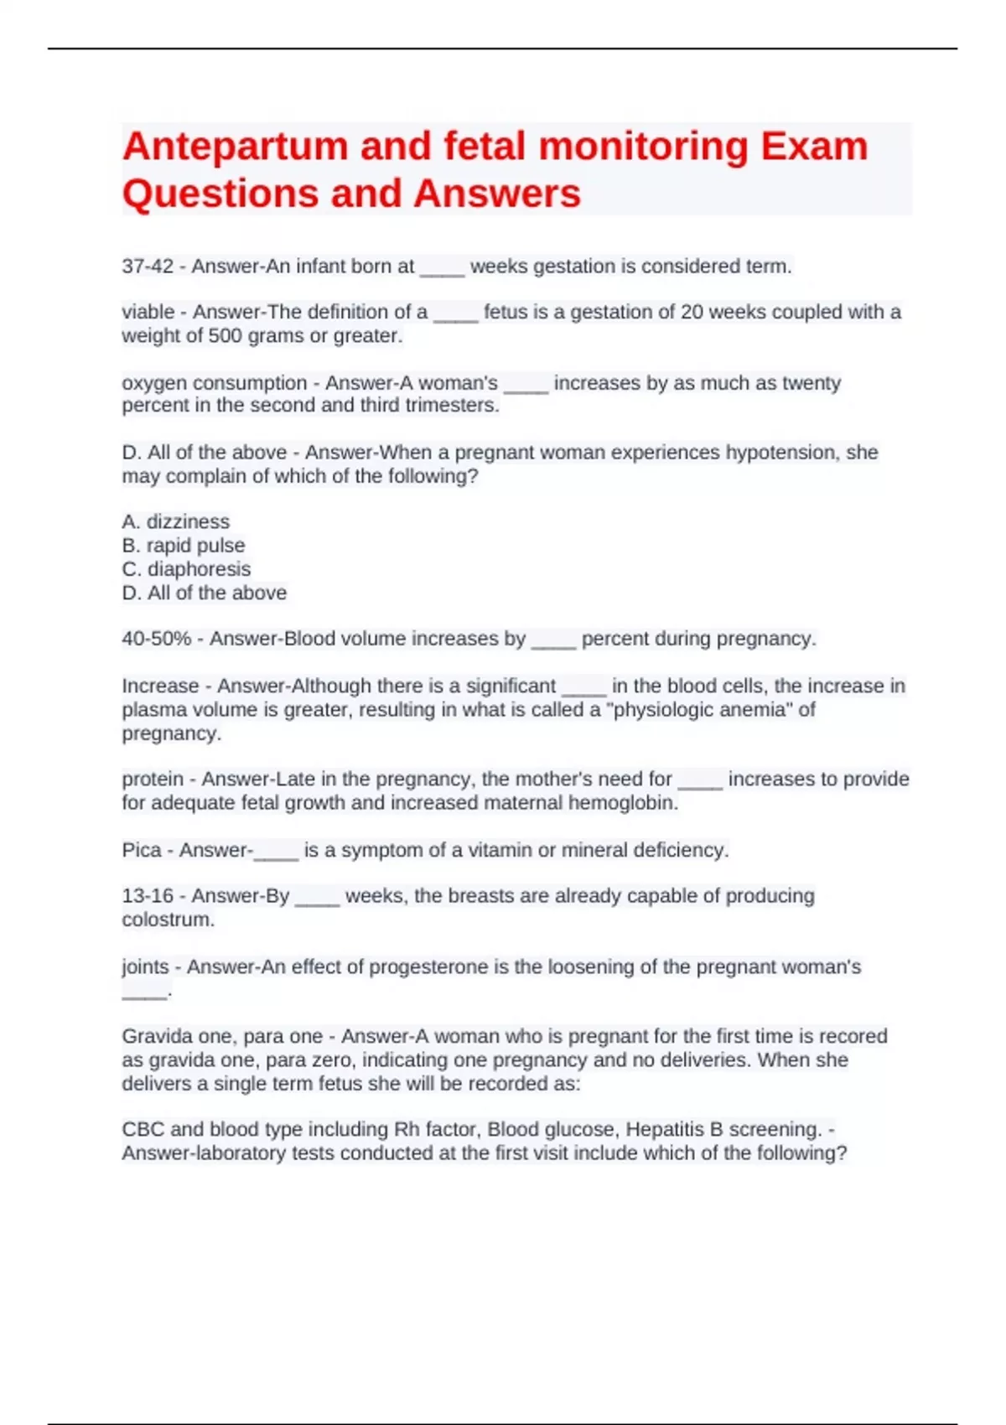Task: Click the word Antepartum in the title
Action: [234, 147]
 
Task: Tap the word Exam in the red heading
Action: [814, 147]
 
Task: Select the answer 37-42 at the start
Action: [148, 267]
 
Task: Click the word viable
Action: [148, 312]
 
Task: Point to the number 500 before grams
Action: [225, 336]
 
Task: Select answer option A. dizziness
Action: [175, 521]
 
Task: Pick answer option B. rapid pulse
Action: [183, 546]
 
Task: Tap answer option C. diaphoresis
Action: [186, 569]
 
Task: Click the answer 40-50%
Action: [157, 639]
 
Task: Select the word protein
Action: [152, 780]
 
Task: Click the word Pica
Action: [141, 850]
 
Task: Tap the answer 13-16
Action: [148, 896]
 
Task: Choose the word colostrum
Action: [168, 920]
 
